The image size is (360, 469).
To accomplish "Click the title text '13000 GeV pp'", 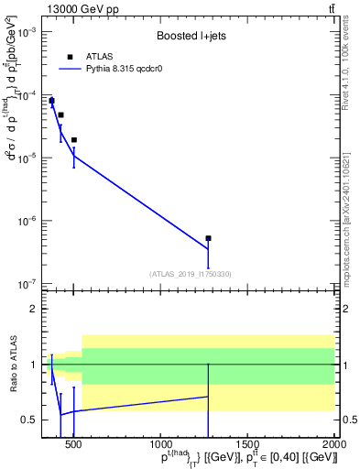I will point(74,9).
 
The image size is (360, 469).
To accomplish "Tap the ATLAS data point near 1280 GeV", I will point(208,238).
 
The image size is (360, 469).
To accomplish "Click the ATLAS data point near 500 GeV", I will point(73,140).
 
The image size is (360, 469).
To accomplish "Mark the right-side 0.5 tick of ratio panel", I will point(348,420).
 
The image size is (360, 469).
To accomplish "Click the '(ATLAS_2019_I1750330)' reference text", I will point(190,274).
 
